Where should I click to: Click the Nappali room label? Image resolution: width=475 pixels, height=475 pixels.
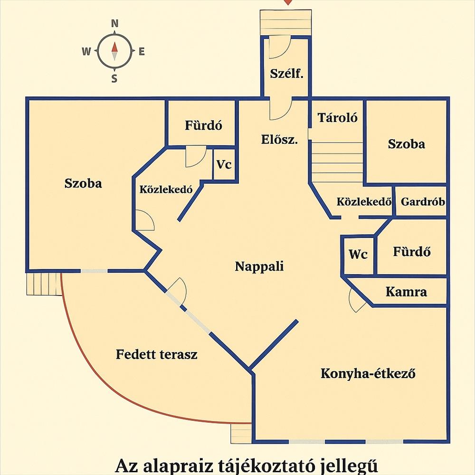point(259,266)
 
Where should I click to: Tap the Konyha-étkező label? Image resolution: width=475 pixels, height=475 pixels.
point(368,373)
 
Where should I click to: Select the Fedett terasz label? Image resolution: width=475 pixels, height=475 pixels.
point(157,354)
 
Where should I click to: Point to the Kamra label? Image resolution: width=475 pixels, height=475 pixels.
point(406,292)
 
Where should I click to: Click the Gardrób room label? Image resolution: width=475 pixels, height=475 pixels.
point(423,201)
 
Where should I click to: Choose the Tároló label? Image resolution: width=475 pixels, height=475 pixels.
point(337,118)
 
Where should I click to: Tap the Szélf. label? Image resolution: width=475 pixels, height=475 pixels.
point(286,74)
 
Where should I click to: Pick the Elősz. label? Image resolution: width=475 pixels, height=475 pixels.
point(280,140)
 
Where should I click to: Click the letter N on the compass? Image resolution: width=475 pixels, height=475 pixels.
point(114,23)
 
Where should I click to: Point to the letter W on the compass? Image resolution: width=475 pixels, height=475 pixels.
point(86,52)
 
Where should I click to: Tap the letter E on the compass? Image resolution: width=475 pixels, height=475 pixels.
point(142,52)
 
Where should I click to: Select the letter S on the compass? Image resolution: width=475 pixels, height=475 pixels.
point(114,79)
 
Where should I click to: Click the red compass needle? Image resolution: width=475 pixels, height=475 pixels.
point(114,47)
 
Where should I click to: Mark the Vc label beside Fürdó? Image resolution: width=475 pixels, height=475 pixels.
point(224,165)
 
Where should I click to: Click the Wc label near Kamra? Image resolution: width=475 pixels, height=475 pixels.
point(358,255)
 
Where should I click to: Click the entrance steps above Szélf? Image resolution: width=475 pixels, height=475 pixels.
point(286,22)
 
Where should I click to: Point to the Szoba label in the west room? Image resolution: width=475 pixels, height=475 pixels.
point(83,183)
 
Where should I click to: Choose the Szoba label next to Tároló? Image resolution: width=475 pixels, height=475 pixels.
point(406,144)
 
